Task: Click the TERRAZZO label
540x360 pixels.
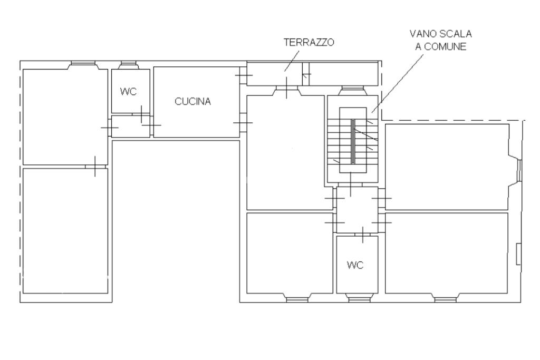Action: click(309, 42)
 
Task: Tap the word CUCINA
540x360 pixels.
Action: click(193, 102)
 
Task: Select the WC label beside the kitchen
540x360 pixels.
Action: click(128, 92)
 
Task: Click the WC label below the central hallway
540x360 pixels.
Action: click(355, 265)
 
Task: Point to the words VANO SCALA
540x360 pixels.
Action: click(440, 34)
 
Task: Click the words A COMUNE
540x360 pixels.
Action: click(441, 46)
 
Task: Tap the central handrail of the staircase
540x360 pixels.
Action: click(353, 141)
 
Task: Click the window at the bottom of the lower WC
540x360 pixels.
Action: click(359, 300)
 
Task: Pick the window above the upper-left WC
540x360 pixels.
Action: click(129, 63)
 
